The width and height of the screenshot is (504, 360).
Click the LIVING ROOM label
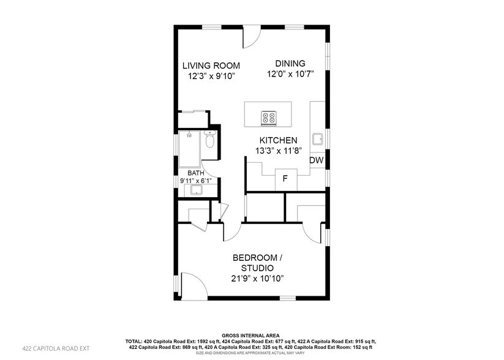(x=211, y=66)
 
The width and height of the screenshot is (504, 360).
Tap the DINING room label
(x=290, y=64)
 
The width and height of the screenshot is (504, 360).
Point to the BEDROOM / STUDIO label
(x=257, y=263)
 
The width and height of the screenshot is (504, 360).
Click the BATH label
(x=195, y=173)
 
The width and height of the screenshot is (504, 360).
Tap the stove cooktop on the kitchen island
(x=269, y=118)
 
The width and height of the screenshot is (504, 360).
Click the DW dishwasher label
(x=316, y=160)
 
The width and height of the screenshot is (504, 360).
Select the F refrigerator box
(x=285, y=179)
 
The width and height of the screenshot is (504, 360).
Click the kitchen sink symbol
(x=318, y=139)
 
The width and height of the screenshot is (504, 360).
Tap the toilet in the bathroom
(x=210, y=141)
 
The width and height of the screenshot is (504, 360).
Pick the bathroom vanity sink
(x=196, y=190)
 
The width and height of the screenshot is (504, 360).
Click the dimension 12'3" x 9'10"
(x=211, y=76)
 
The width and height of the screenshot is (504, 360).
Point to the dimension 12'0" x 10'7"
(x=290, y=74)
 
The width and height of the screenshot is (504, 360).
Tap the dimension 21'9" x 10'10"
(x=257, y=279)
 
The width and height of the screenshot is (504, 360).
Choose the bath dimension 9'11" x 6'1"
(x=195, y=181)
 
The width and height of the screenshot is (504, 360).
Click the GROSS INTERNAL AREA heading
(x=252, y=336)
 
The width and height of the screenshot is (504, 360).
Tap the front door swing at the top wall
(x=250, y=38)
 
